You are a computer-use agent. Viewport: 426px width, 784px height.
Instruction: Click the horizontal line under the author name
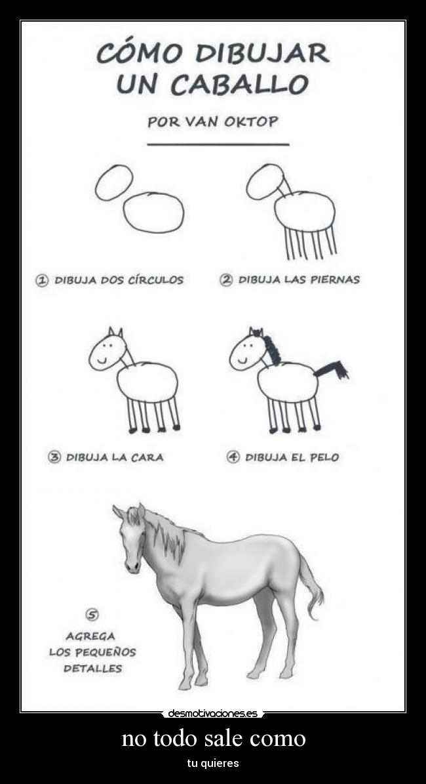[x=218, y=144]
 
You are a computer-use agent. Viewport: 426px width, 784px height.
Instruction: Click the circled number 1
[x=41, y=280]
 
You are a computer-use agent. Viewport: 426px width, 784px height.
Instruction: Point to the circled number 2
[x=225, y=280]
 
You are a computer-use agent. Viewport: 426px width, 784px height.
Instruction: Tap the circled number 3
[x=54, y=457]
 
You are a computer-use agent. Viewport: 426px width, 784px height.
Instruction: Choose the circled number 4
[x=233, y=457]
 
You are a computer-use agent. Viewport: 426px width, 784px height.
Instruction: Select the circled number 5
[x=92, y=615]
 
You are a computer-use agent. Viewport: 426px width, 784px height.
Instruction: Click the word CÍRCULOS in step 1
[x=151, y=280]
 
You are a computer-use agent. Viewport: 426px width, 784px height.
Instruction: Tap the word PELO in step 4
[x=324, y=457]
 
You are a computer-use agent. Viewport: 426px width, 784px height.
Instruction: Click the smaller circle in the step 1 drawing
[x=114, y=182]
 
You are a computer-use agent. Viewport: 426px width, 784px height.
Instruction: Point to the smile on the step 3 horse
[x=102, y=360]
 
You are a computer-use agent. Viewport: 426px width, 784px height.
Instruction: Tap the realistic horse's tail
[x=313, y=587]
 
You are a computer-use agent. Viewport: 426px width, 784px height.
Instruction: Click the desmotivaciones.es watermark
[x=213, y=713]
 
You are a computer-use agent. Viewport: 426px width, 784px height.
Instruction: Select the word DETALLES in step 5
[x=92, y=669]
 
